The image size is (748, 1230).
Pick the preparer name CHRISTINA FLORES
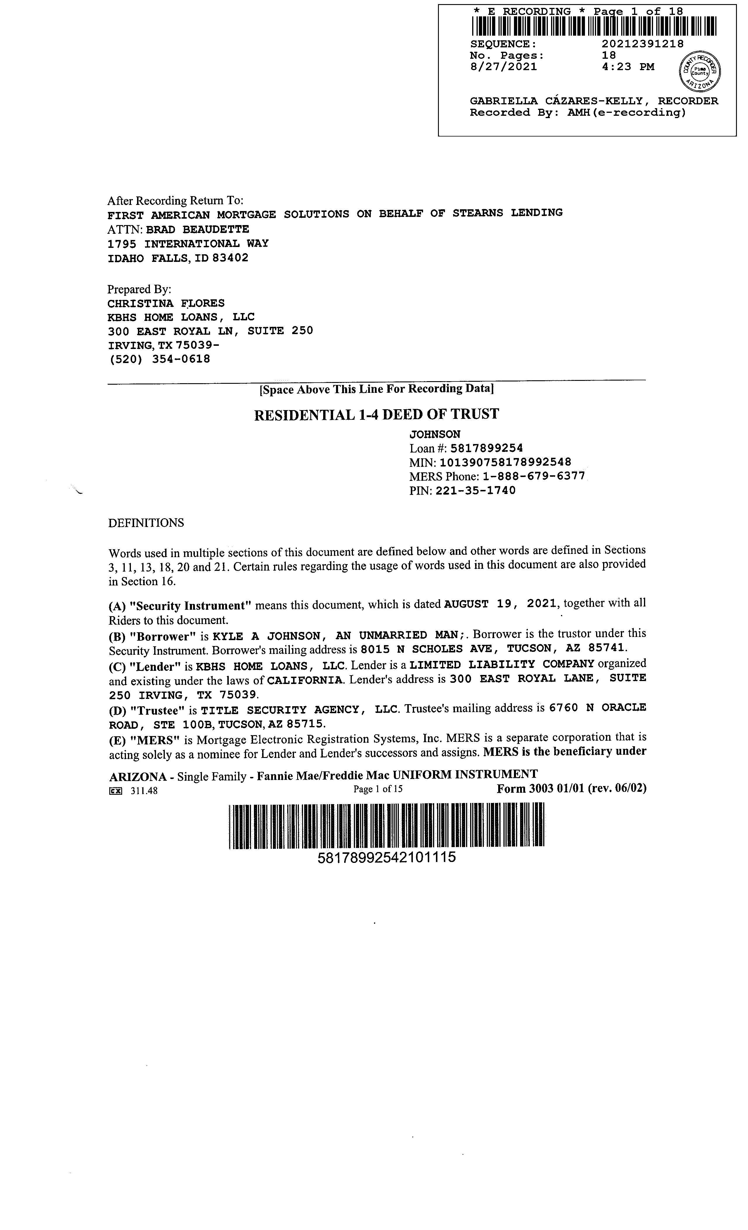click(x=166, y=303)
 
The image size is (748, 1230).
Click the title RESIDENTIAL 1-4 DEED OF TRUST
click(x=376, y=414)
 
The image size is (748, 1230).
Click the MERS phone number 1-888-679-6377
click(x=534, y=476)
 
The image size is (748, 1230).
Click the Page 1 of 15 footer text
click(x=378, y=789)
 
